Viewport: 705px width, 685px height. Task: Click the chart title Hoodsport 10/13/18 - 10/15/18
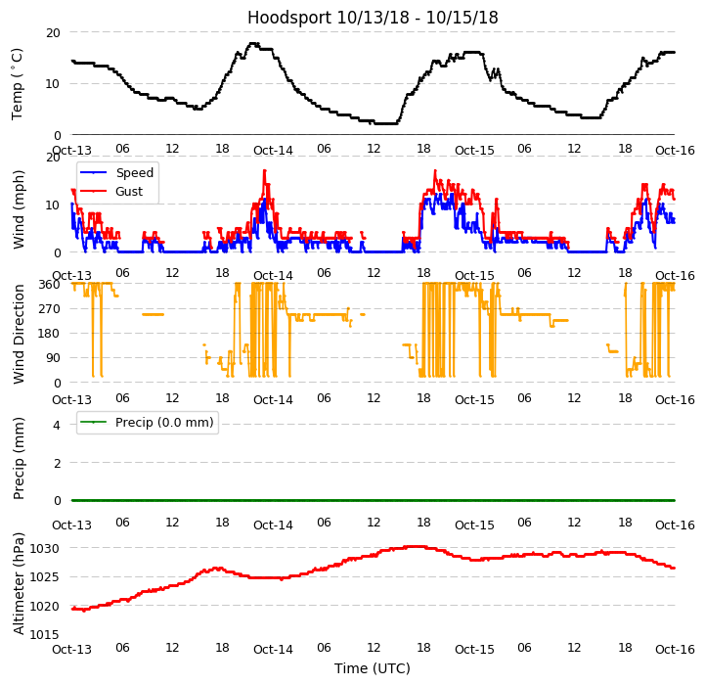click(x=373, y=18)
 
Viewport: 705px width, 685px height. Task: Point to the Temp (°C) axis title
click(x=18, y=83)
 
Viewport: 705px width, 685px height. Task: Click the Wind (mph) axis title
click(x=19, y=208)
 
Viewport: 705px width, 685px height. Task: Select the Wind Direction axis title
click(x=19, y=334)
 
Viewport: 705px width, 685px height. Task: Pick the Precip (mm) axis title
click(x=19, y=457)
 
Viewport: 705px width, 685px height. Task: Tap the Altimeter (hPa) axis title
click(x=19, y=583)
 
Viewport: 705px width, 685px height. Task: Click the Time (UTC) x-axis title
click(x=373, y=668)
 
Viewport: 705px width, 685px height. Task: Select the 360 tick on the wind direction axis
click(x=49, y=285)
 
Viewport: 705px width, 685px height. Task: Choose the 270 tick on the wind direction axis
click(x=49, y=309)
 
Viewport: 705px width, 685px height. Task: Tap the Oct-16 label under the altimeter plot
click(x=675, y=649)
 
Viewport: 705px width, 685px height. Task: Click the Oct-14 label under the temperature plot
click(x=273, y=150)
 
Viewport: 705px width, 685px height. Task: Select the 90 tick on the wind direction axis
click(x=53, y=358)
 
